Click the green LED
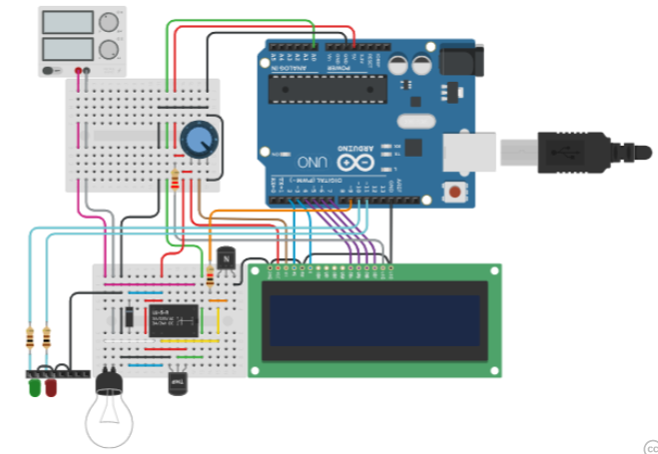point(35,386)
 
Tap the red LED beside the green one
point(50,386)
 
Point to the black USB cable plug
point(579,153)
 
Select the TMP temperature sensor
point(179,383)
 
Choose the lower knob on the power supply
point(108,47)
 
